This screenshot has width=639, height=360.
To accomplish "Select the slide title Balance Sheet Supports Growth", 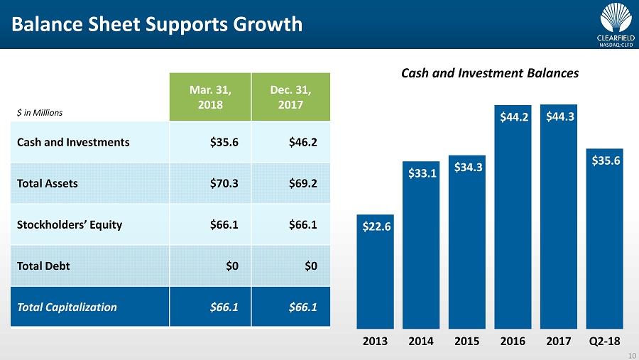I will [x=157, y=24].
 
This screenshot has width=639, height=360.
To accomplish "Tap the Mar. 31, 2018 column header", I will [x=210, y=97].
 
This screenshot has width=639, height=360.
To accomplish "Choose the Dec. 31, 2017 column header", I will [x=291, y=97].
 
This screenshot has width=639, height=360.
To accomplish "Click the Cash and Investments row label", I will [x=74, y=142].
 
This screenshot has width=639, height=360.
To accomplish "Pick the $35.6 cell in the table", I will [x=224, y=142].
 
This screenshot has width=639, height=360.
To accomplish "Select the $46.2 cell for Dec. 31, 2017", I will [x=303, y=142].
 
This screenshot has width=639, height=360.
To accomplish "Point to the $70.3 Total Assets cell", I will [x=224, y=183].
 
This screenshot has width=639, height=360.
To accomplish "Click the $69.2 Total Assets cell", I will [x=303, y=183].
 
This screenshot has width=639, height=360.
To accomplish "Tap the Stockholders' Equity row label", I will [x=70, y=224].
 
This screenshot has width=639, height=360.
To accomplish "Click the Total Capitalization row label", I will [x=67, y=307].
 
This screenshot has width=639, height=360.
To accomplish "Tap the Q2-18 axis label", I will [x=604, y=341].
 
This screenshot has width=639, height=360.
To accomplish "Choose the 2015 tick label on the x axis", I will [x=466, y=341].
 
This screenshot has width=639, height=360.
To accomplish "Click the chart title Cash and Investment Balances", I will [x=490, y=73].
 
